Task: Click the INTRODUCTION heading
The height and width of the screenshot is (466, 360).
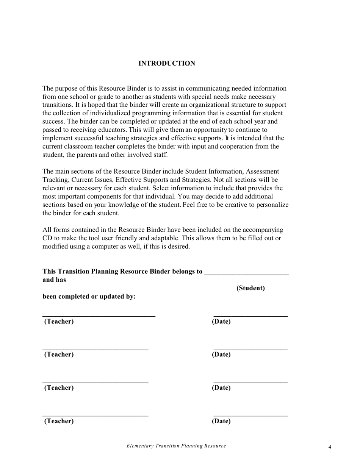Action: click(167, 63)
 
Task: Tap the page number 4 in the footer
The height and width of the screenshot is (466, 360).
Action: click(330, 447)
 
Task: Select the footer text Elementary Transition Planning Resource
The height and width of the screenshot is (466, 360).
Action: click(176, 446)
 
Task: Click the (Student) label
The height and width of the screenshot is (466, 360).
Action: click(250, 288)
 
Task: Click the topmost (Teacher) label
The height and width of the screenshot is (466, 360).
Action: click(59, 321)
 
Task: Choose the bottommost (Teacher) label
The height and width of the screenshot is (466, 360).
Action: click(59, 421)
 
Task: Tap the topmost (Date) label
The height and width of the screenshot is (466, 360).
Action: click(221, 321)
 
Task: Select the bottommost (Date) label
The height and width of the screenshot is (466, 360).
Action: click(221, 421)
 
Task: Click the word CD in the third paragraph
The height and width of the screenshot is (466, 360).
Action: click(47, 238)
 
